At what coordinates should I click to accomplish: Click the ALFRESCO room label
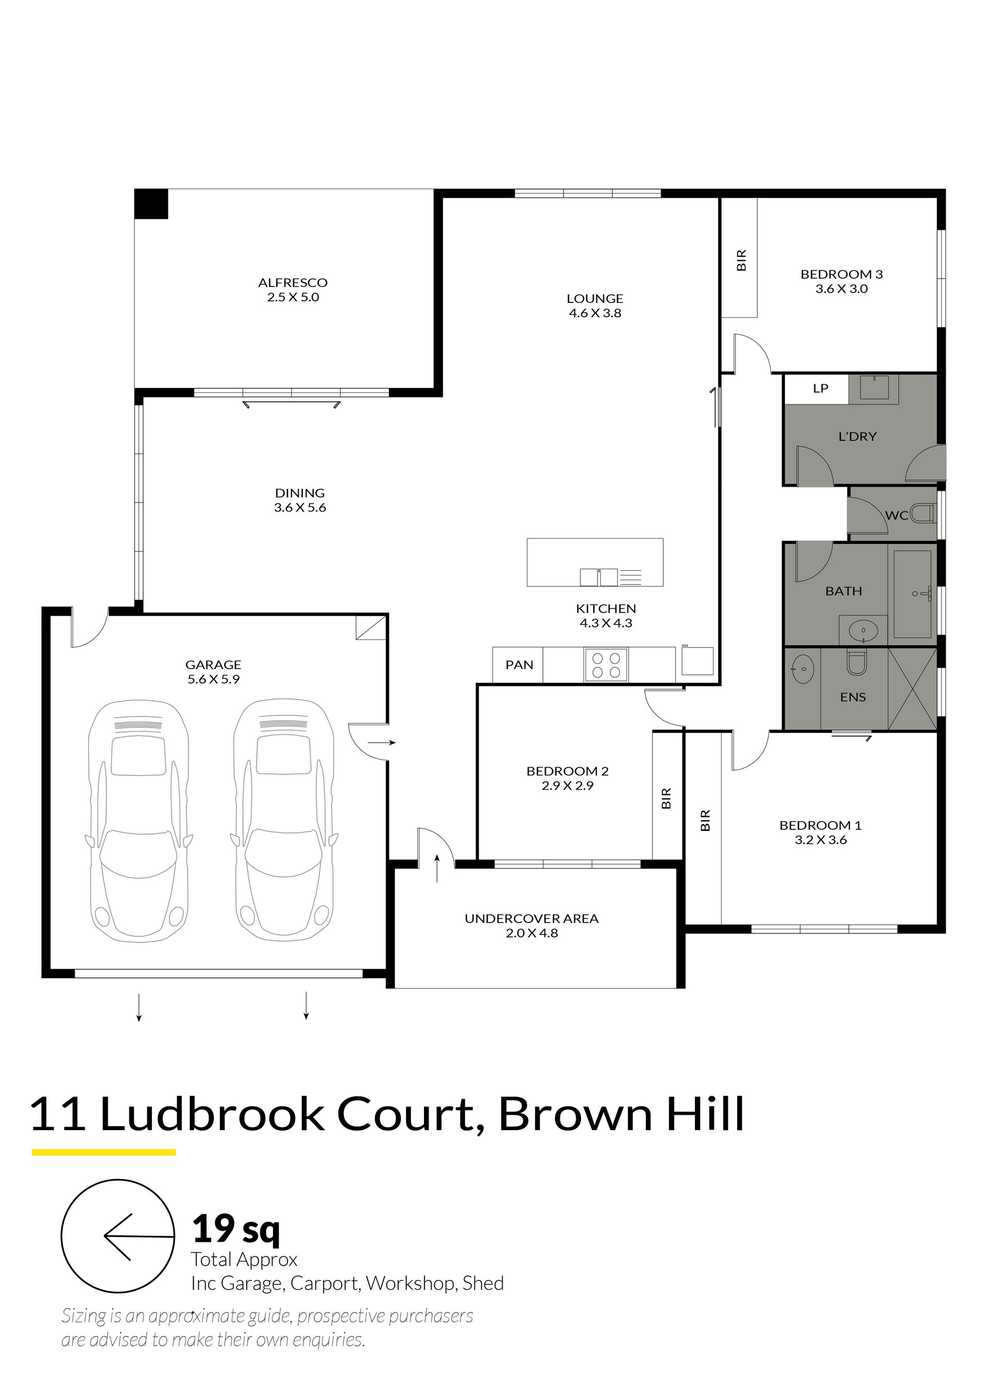293,282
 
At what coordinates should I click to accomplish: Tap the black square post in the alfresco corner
151,203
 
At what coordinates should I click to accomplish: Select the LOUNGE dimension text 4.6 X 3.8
595,314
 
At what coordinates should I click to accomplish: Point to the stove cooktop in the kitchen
606,665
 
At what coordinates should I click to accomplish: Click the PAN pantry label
519,665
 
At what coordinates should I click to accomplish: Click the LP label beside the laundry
821,388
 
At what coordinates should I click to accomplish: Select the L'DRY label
858,437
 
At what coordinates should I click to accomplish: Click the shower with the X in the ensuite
912,689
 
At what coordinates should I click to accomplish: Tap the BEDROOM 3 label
842,275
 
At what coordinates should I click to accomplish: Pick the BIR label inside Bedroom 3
741,260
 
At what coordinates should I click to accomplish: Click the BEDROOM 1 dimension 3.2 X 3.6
821,840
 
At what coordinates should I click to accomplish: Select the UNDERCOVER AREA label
532,919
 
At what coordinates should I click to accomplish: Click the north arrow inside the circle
139,1237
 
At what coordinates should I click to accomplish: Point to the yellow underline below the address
104,1153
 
